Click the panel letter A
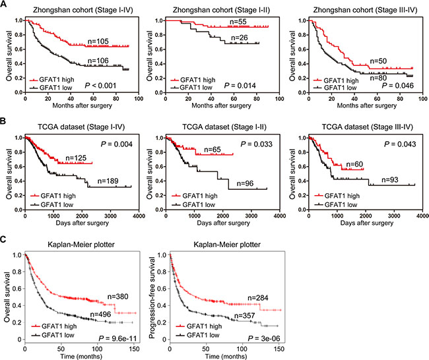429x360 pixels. click(5, 5)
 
